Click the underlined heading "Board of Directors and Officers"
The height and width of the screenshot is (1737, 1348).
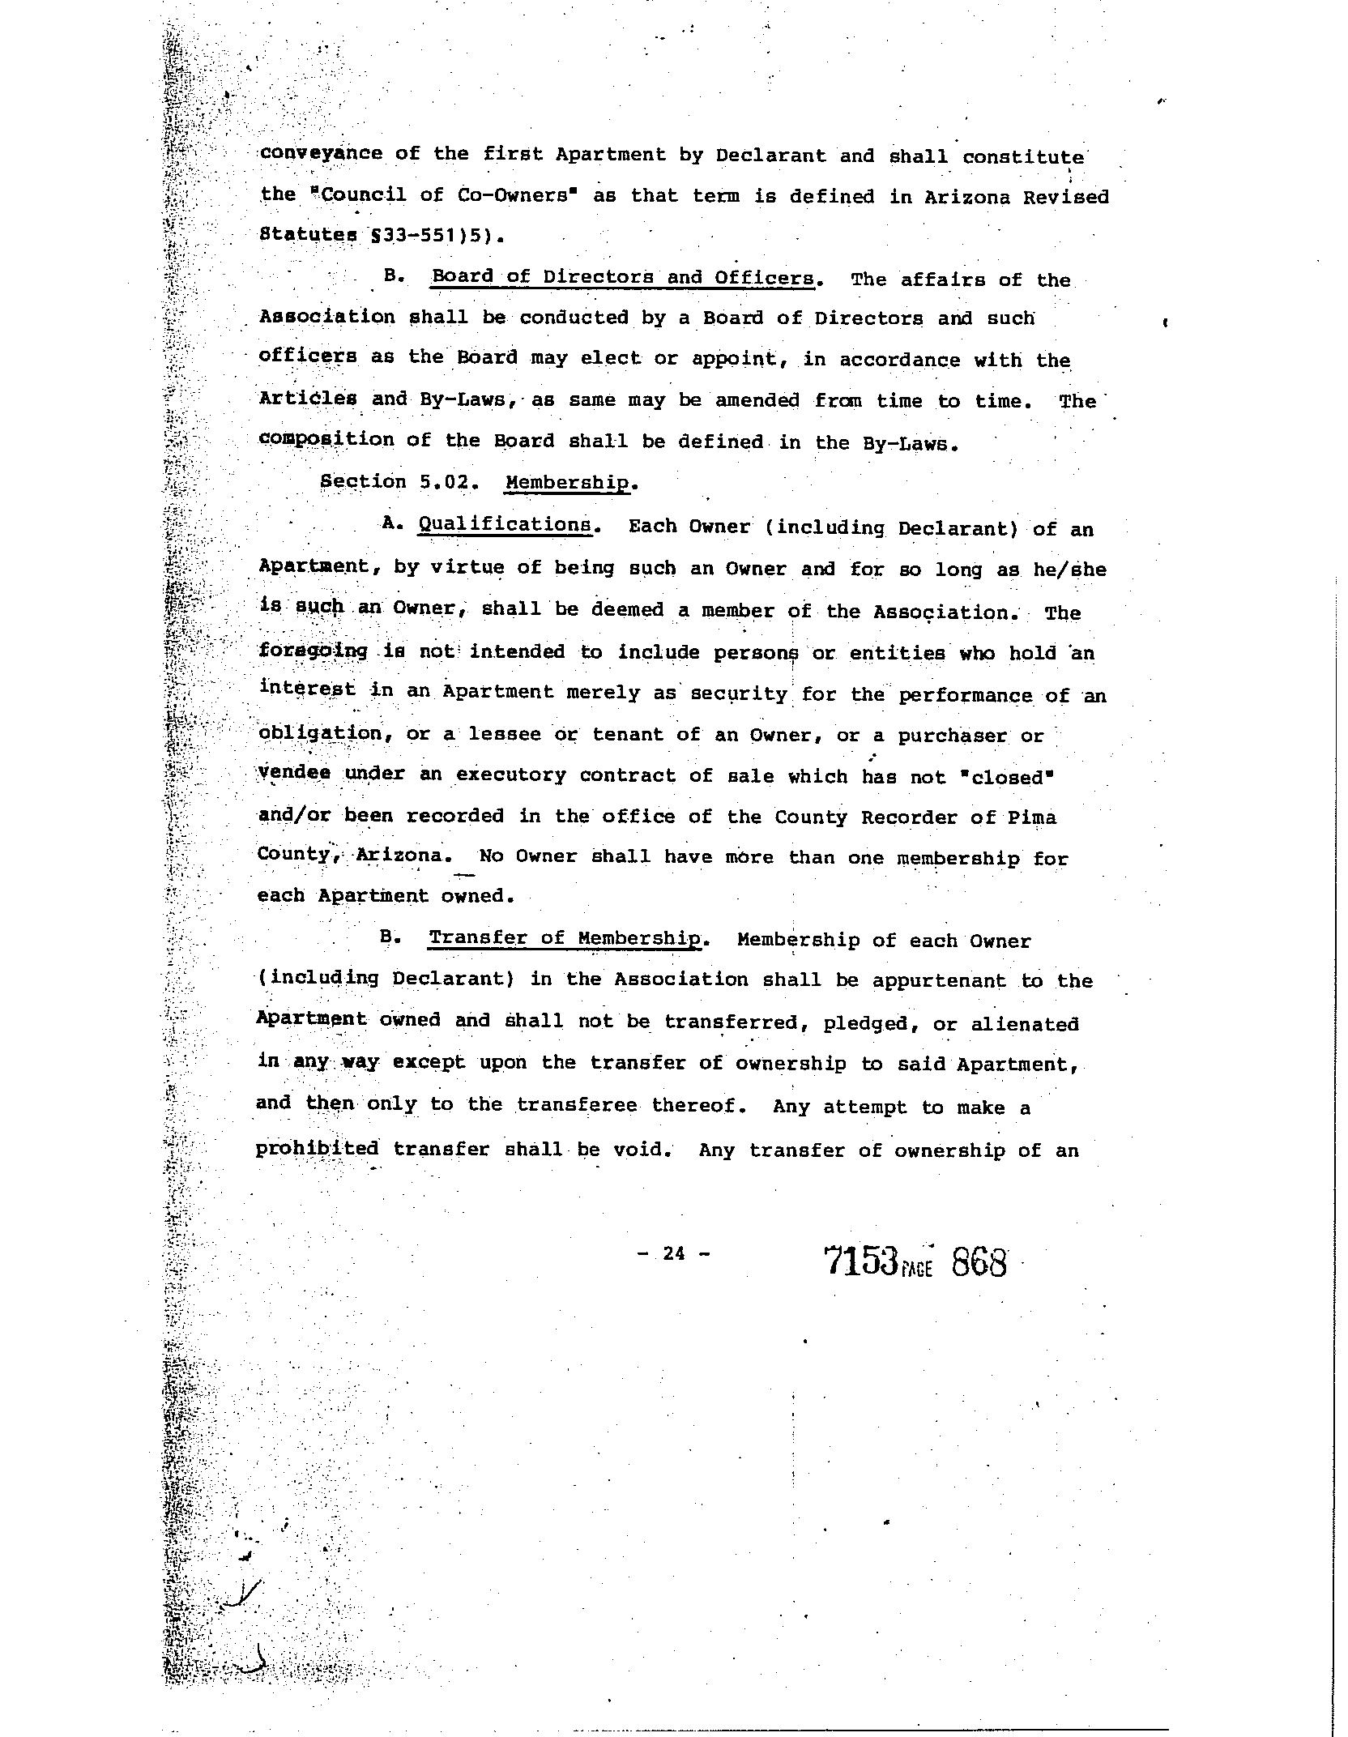coord(622,277)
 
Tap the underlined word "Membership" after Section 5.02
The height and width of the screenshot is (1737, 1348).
coord(567,483)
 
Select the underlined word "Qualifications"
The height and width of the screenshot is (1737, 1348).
coord(505,524)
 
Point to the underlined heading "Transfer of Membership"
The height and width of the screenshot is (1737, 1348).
coord(565,938)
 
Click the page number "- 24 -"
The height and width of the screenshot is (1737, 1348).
coord(673,1254)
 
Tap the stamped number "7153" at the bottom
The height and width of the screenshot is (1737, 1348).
coord(860,1262)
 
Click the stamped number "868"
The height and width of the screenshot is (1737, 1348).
coord(979,1262)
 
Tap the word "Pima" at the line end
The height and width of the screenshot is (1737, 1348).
coord(1032,817)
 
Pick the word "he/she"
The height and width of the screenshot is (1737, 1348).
coord(1069,570)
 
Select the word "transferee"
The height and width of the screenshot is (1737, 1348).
coord(576,1104)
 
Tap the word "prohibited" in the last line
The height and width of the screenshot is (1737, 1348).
coord(317,1149)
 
